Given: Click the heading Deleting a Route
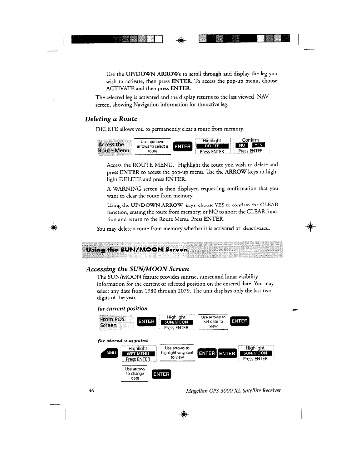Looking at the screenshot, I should tap(111, 119).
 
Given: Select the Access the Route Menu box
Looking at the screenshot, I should tap(114, 147).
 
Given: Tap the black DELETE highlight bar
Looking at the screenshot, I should tap(212, 146).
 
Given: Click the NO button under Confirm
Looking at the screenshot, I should tap(242, 145).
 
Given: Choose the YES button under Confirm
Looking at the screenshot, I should tap(258, 145).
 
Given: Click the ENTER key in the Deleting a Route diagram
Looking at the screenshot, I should tap(182, 146).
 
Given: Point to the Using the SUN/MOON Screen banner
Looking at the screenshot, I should tap(181, 250).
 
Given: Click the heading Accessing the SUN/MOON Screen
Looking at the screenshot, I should tap(137, 269).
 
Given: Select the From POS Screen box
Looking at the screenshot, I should tap(113, 322).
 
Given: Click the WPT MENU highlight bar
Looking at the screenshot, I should tap(138, 354).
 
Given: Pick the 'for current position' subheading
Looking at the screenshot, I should tap(122, 308).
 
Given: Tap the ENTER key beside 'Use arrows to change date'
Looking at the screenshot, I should tap(161, 374).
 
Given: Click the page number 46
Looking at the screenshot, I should tap(91, 391).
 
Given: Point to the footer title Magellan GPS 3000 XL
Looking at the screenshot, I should tap(233, 391).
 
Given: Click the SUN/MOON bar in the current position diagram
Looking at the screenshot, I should tap(176, 322).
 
